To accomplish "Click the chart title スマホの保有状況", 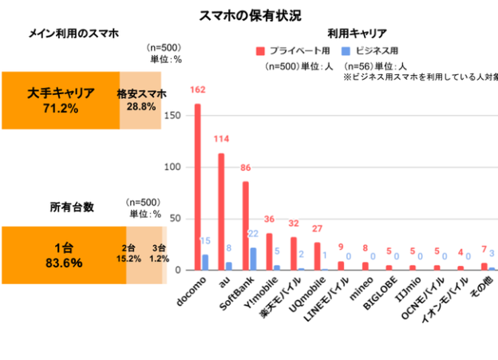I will click(249, 15).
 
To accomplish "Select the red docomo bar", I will click(198, 187).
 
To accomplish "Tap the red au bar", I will click(221, 212).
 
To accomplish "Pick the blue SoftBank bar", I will click(253, 259).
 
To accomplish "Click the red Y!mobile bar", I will click(269, 251).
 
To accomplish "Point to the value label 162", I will click(198, 90).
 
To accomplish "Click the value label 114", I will click(221, 140).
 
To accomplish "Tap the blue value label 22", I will click(255, 234).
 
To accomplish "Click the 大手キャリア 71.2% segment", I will click(61, 100).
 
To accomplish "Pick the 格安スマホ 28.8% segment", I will click(141, 100).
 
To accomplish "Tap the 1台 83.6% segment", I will click(64, 255).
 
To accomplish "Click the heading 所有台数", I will click(73, 207).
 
